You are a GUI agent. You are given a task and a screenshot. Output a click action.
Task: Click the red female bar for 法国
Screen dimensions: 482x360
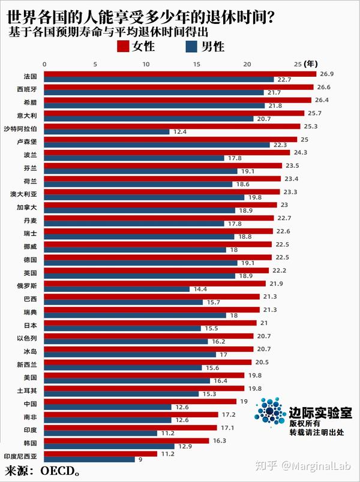pos(180,74)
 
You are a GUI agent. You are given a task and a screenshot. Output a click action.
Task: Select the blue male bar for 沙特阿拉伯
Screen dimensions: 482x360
pos(107,131)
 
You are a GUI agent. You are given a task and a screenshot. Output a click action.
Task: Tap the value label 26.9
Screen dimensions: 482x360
pos(326,74)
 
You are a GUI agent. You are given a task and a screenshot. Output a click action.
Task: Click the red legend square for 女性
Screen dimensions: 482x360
pos(123,47)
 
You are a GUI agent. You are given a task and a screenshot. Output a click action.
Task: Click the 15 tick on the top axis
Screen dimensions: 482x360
pos(196,64)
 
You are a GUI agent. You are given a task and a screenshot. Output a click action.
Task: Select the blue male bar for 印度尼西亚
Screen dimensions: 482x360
pos(89,459)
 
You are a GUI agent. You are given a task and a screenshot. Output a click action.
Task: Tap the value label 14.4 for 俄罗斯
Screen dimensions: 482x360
pos(199,289)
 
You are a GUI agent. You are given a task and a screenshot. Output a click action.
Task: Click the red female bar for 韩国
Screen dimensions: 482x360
pos(127,440)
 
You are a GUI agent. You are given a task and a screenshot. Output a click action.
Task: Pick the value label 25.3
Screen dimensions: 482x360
pos(310,126)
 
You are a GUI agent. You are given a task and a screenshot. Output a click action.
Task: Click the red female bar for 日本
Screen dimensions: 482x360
pos(150,323)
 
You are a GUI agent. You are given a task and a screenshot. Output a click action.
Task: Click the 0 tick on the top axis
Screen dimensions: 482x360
pos(44,64)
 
